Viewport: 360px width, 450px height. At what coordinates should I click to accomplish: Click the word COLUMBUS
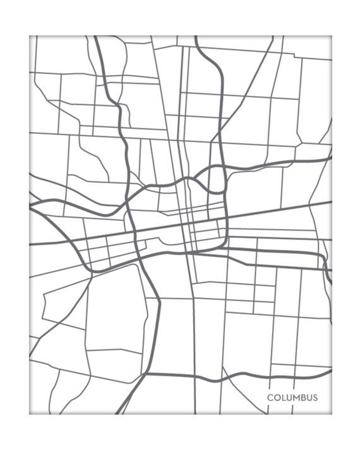point(292,398)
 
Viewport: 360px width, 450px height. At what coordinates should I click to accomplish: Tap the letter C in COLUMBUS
point(270,398)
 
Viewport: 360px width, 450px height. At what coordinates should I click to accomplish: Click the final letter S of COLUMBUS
point(315,398)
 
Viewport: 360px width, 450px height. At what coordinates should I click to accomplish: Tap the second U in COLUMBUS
point(309,398)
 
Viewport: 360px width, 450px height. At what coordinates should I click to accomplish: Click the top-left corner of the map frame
point(29,36)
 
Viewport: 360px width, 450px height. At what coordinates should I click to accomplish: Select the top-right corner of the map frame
point(332,36)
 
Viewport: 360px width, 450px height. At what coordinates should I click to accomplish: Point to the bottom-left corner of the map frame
point(29,414)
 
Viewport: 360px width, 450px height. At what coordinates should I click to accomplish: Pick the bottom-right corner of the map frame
point(332,414)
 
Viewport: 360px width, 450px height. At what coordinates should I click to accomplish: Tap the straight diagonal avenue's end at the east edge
point(331,202)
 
